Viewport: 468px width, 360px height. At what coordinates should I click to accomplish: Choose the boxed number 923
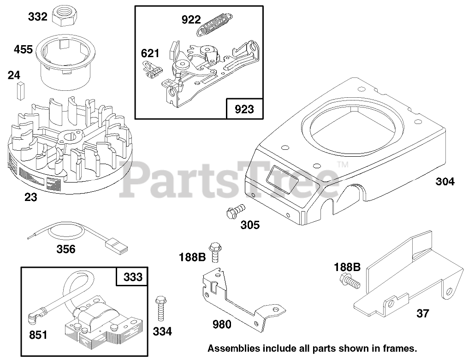(x=244, y=109)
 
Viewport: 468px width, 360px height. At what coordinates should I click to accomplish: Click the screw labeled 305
(x=234, y=212)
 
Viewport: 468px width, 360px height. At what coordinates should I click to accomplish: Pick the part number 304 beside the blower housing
(x=444, y=182)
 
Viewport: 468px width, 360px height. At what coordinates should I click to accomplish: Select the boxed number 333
(x=132, y=277)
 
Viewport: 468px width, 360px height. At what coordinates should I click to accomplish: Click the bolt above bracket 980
(x=214, y=252)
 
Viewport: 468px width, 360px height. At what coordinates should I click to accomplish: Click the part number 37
(x=422, y=313)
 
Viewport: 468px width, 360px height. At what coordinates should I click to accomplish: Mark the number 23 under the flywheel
(x=31, y=198)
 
